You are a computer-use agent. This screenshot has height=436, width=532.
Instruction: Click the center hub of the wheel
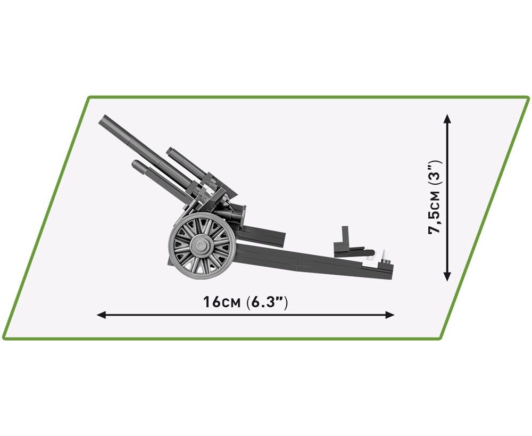(201, 244)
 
